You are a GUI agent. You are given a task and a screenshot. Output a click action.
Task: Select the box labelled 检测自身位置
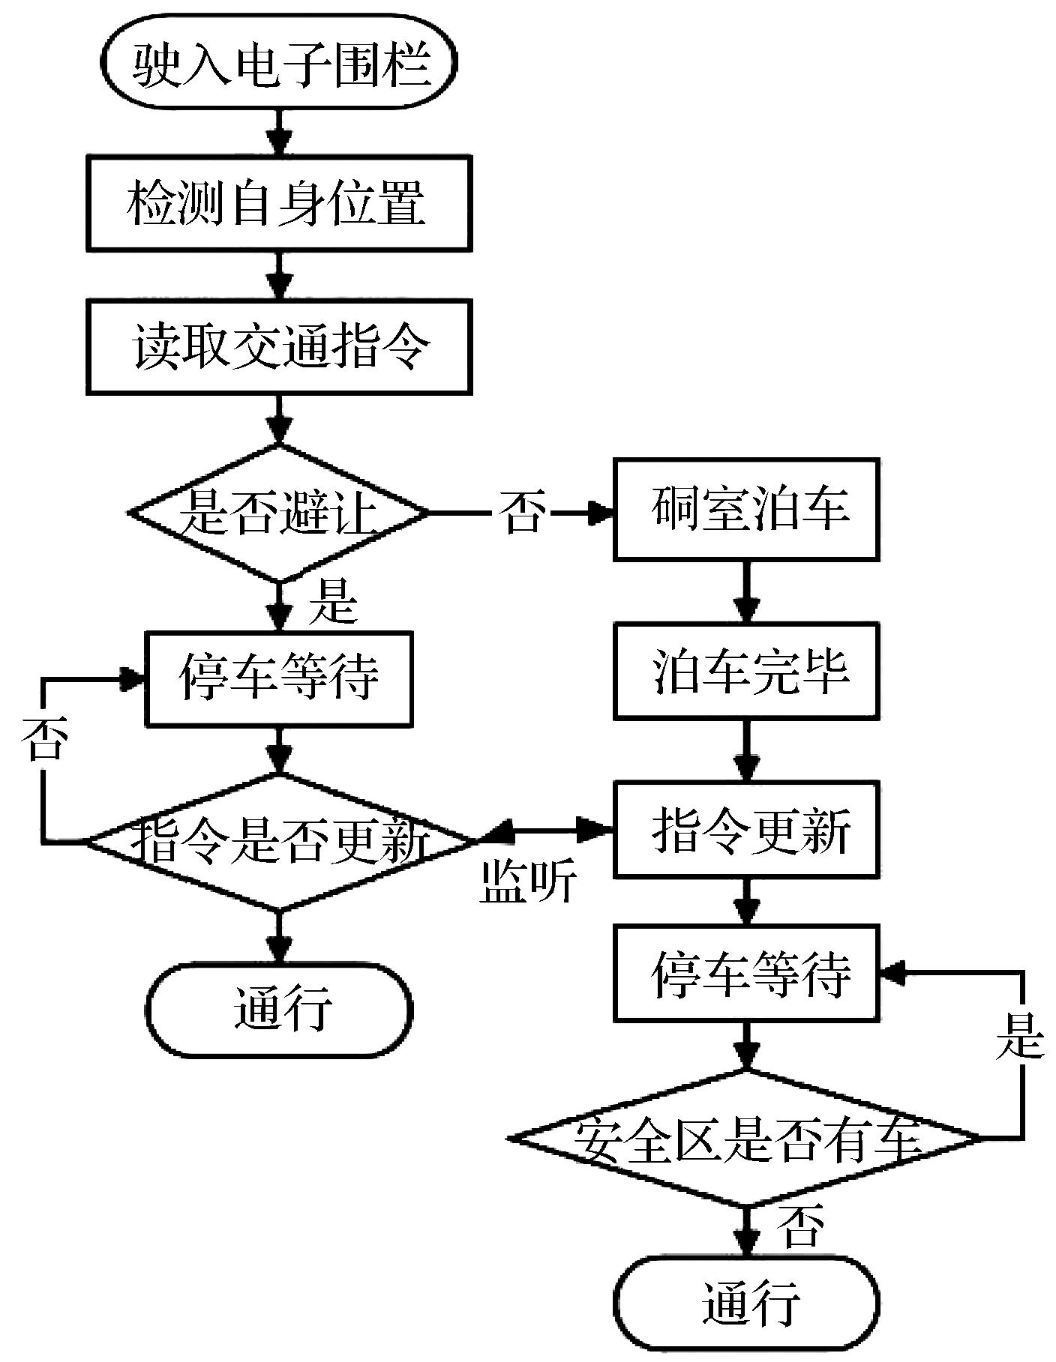click(x=279, y=202)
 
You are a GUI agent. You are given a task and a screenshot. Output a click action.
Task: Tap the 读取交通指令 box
click(x=279, y=346)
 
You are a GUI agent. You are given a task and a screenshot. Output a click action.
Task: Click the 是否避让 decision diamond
click(x=279, y=513)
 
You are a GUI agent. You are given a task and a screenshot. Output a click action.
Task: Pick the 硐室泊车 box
click(x=746, y=510)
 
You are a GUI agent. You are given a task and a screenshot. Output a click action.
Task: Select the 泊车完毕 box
click(x=746, y=671)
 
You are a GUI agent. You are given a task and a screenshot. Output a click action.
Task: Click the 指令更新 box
click(x=746, y=830)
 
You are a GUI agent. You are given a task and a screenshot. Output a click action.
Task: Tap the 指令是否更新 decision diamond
click(x=279, y=842)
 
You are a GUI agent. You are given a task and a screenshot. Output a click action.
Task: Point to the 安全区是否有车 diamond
click(x=746, y=1138)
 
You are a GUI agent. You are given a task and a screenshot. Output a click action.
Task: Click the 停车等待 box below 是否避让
click(x=279, y=678)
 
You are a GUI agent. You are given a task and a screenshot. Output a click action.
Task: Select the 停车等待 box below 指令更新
click(x=746, y=974)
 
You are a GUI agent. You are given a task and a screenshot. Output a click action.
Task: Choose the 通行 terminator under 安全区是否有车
click(x=746, y=1303)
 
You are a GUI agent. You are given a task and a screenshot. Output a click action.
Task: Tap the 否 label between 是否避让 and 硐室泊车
click(x=521, y=513)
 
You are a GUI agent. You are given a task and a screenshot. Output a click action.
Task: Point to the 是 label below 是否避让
click(x=332, y=602)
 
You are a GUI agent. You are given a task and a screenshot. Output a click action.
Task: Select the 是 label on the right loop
click(x=1020, y=1038)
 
